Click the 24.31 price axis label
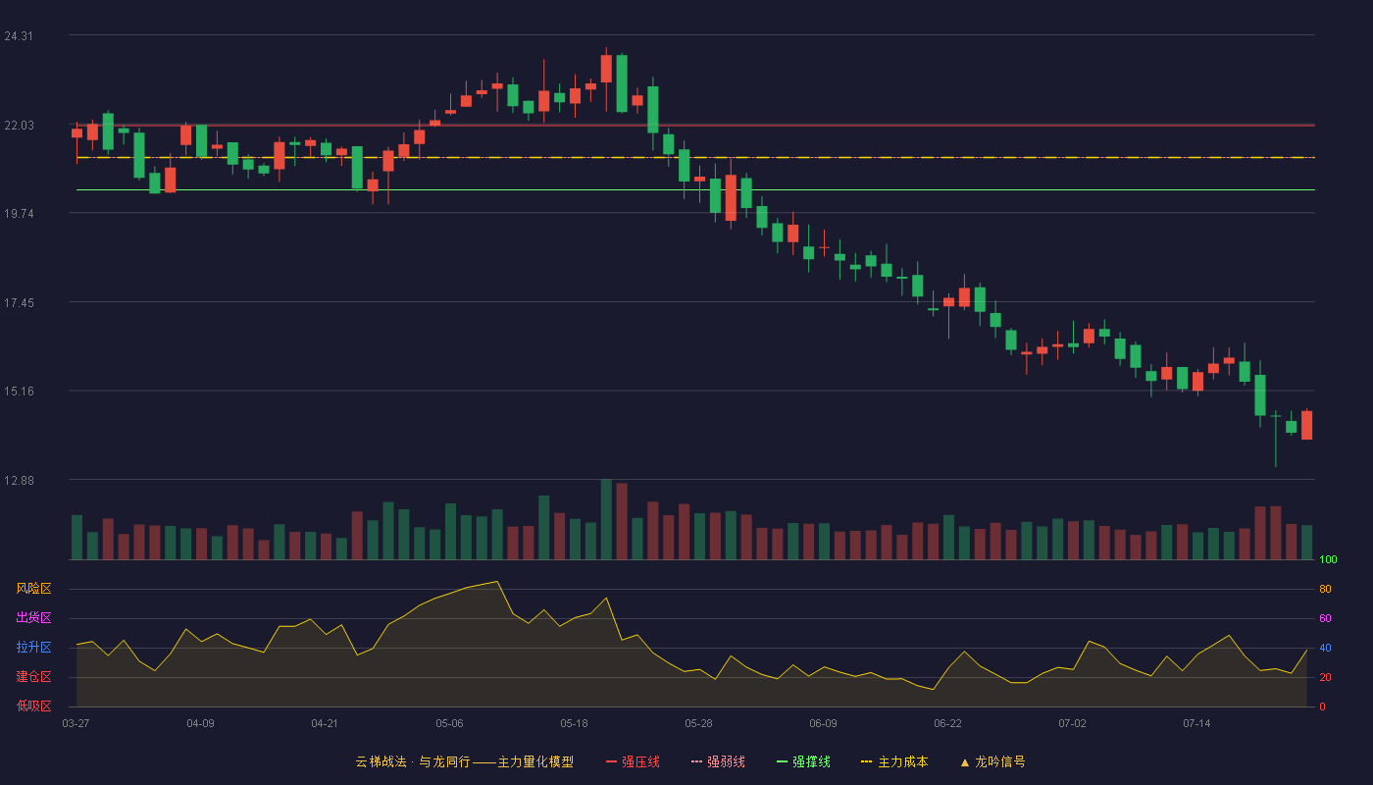tap(19, 36)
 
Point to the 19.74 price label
tap(19, 214)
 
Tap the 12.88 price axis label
tap(19, 480)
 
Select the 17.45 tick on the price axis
tap(19, 303)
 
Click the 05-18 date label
tap(574, 724)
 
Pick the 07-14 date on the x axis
tap(1196, 724)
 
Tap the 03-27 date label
tap(76, 724)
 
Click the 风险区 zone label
tap(33, 589)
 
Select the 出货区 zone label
tap(33, 617)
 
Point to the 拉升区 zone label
tap(33, 647)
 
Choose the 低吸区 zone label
tap(33, 706)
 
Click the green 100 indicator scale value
tap(1328, 559)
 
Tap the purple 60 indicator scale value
tap(1325, 618)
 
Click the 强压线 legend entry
tap(633, 762)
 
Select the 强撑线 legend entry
tap(803, 762)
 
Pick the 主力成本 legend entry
tap(894, 762)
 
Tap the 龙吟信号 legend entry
tap(992, 762)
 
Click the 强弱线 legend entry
tap(718, 762)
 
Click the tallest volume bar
tap(606, 519)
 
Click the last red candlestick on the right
tap(1306, 424)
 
